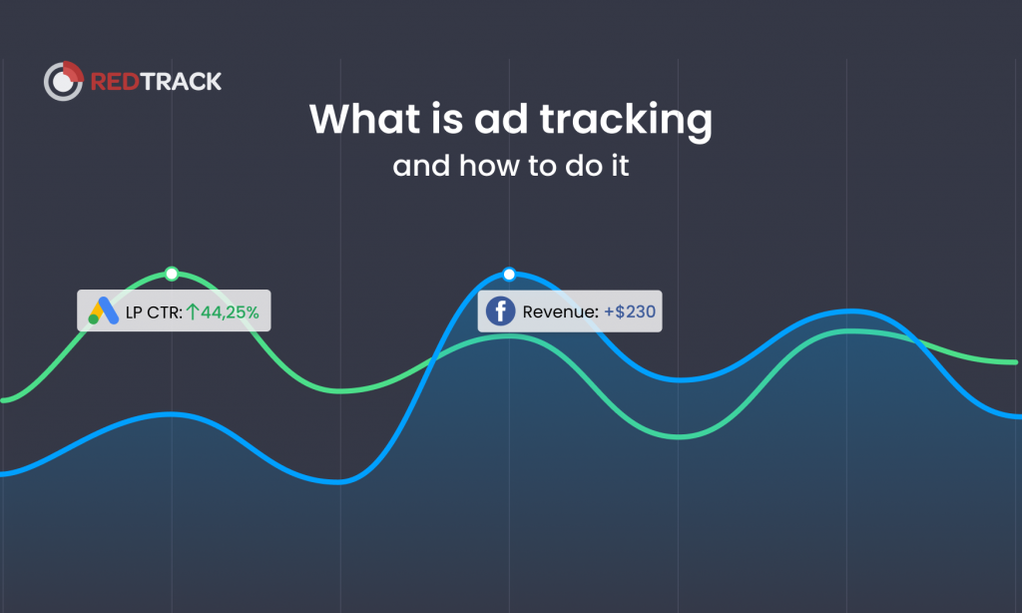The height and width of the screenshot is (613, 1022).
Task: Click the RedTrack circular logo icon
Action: point(63,81)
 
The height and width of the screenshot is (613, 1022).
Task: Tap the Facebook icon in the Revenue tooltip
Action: point(500,311)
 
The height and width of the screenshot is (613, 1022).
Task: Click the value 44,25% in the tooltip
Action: point(230,312)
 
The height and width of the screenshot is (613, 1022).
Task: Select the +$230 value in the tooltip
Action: point(630,312)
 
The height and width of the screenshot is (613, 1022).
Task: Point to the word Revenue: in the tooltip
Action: point(560,312)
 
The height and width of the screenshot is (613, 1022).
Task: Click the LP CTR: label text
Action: point(154,312)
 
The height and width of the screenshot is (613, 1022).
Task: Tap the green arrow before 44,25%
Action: point(193,312)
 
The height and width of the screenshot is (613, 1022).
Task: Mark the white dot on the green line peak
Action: point(172,274)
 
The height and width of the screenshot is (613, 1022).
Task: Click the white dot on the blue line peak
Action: point(509,274)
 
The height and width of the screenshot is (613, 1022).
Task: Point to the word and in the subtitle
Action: point(422,165)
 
